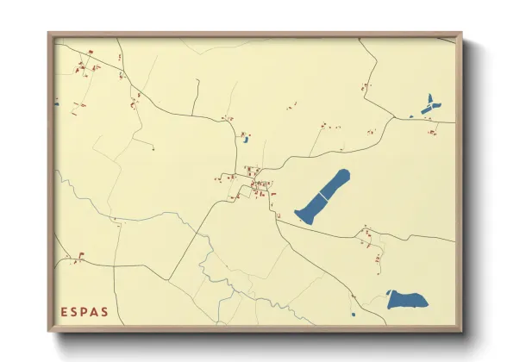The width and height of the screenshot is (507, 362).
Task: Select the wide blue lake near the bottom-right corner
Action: point(407,300)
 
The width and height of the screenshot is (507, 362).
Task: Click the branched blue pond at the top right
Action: point(428,105)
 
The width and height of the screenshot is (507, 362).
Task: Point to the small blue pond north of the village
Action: point(246,139)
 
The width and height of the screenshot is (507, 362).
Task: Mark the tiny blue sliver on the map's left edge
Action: point(57,104)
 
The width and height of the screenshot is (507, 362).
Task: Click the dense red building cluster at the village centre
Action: point(256,184)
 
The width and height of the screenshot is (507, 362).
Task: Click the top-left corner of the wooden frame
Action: point(49,34)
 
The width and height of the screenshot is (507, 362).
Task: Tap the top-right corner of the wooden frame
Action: point(460,34)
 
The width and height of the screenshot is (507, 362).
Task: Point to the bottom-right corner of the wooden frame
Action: point(460,330)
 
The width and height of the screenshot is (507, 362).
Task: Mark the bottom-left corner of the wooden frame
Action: point(49,330)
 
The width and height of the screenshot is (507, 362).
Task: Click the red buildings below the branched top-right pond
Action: point(434,131)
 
